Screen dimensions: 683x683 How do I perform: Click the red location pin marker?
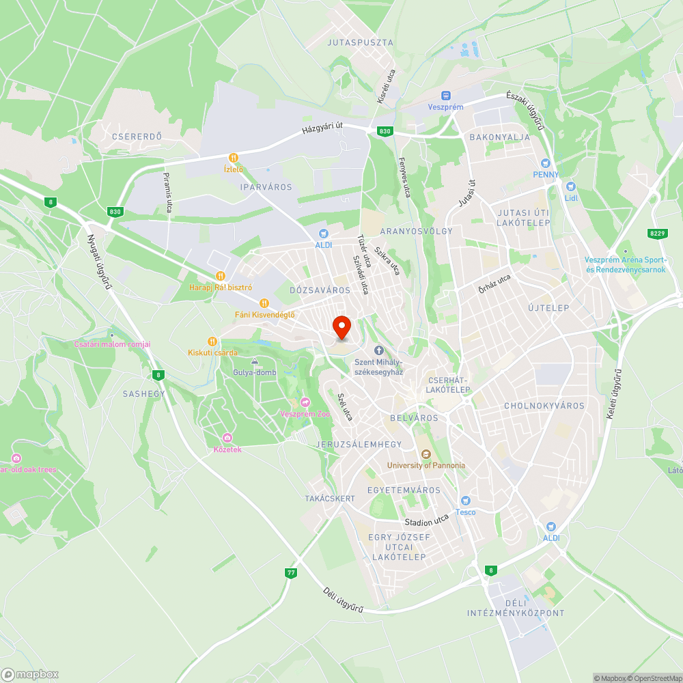coord(341,327)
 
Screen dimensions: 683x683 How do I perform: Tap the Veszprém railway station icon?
coord(446,96)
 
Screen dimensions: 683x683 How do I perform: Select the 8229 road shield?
coord(657,234)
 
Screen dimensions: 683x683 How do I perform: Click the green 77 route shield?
coord(292,573)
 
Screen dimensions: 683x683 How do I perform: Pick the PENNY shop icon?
coord(545,163)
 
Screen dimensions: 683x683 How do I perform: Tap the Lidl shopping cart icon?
coord(571,186)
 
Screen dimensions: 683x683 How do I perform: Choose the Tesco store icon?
coord(466,501)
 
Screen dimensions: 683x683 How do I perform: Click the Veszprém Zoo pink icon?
coord(305,402)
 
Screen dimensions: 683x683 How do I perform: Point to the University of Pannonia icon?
coord(426,454)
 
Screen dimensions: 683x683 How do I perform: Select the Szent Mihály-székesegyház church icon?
coord(378,350)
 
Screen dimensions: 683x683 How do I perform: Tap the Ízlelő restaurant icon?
coord(234,157)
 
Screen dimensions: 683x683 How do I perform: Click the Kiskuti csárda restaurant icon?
coord(212,341)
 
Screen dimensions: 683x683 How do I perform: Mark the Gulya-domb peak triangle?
coord(255,361)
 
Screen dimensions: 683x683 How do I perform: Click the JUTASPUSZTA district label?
coord(361,42)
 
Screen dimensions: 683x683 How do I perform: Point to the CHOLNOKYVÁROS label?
coord(544,406)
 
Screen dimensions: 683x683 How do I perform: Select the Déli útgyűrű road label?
coord(344,600)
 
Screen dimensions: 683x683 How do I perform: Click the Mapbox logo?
coord(30,674)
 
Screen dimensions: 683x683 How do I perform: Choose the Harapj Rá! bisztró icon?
coord(220,276)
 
